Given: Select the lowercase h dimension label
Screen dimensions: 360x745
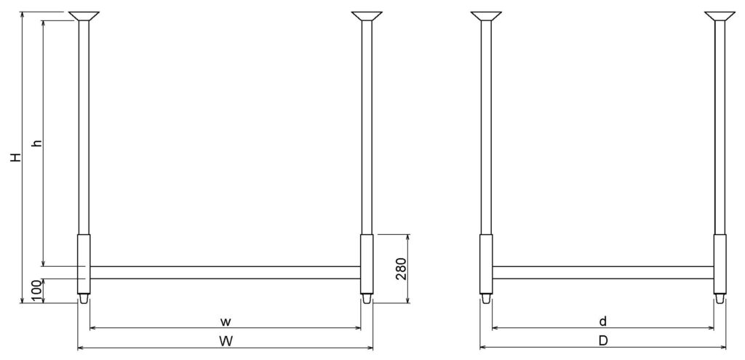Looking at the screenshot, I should pyautogui.click(x=36, y=143).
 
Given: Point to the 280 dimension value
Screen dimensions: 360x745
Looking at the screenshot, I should pyautogui.click(x=400, y=268).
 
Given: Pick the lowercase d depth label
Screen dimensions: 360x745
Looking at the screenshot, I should pyautogui.click(x=603, y=320).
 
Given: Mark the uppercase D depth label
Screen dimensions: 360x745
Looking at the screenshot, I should pyautogui.click(x=603, y=340).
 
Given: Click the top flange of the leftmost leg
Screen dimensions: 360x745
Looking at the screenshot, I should pyautogui.click(x=84, y=15).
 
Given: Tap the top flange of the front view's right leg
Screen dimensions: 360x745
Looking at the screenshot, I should pyautogui.click(x=367, y=15).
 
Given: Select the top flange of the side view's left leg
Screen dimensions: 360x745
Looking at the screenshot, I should pyautogui.click(x=486, y=15).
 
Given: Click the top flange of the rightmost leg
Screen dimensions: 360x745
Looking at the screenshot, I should pyautogui.click(x=720, y=15).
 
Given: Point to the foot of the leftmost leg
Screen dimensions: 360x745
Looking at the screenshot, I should pyautogui.click(x=84, y=298).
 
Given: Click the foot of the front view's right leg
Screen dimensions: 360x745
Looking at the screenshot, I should pyautogui.click(x=367, y=298).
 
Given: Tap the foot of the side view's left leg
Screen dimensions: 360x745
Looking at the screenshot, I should pyautogui.click(x=486, y=298).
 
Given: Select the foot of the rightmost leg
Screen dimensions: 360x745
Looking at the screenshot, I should pyautogui.click(x=720, y=298).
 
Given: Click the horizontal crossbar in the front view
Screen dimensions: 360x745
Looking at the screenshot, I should pyautogui.click(x=225, y=273).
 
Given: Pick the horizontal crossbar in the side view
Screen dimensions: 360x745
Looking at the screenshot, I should pyautogui.click(x=603, y=273).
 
